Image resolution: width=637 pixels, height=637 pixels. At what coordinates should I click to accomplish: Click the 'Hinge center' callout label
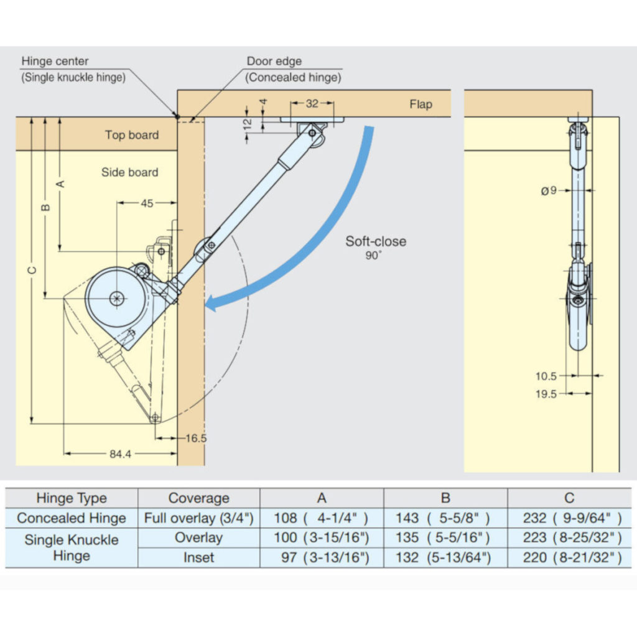pos(55,62)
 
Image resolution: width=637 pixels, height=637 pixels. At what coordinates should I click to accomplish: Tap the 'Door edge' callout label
pos(274,62)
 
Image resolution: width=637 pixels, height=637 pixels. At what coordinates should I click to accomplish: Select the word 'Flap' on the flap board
pos(421,105)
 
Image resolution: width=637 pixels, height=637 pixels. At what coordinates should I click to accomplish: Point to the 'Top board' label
pos(131,135)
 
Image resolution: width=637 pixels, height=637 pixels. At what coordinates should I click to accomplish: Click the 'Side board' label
pos(129,172)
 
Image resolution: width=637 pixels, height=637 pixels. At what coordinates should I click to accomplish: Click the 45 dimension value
pos(146,203)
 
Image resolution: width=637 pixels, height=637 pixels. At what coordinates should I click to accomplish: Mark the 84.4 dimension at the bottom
pos(120,454)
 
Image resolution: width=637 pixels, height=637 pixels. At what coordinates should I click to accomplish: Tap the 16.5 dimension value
pos(195,439)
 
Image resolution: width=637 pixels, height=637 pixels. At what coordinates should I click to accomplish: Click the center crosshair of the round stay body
pos(117,299)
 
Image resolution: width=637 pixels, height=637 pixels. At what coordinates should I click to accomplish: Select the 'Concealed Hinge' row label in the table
pos(71,518)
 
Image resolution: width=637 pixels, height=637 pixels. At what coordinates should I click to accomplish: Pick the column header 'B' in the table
pos(445,498)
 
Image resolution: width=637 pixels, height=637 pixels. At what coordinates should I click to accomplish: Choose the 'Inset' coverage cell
pos(198,557)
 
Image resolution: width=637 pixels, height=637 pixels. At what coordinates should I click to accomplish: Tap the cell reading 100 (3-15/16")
pos(322,537)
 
